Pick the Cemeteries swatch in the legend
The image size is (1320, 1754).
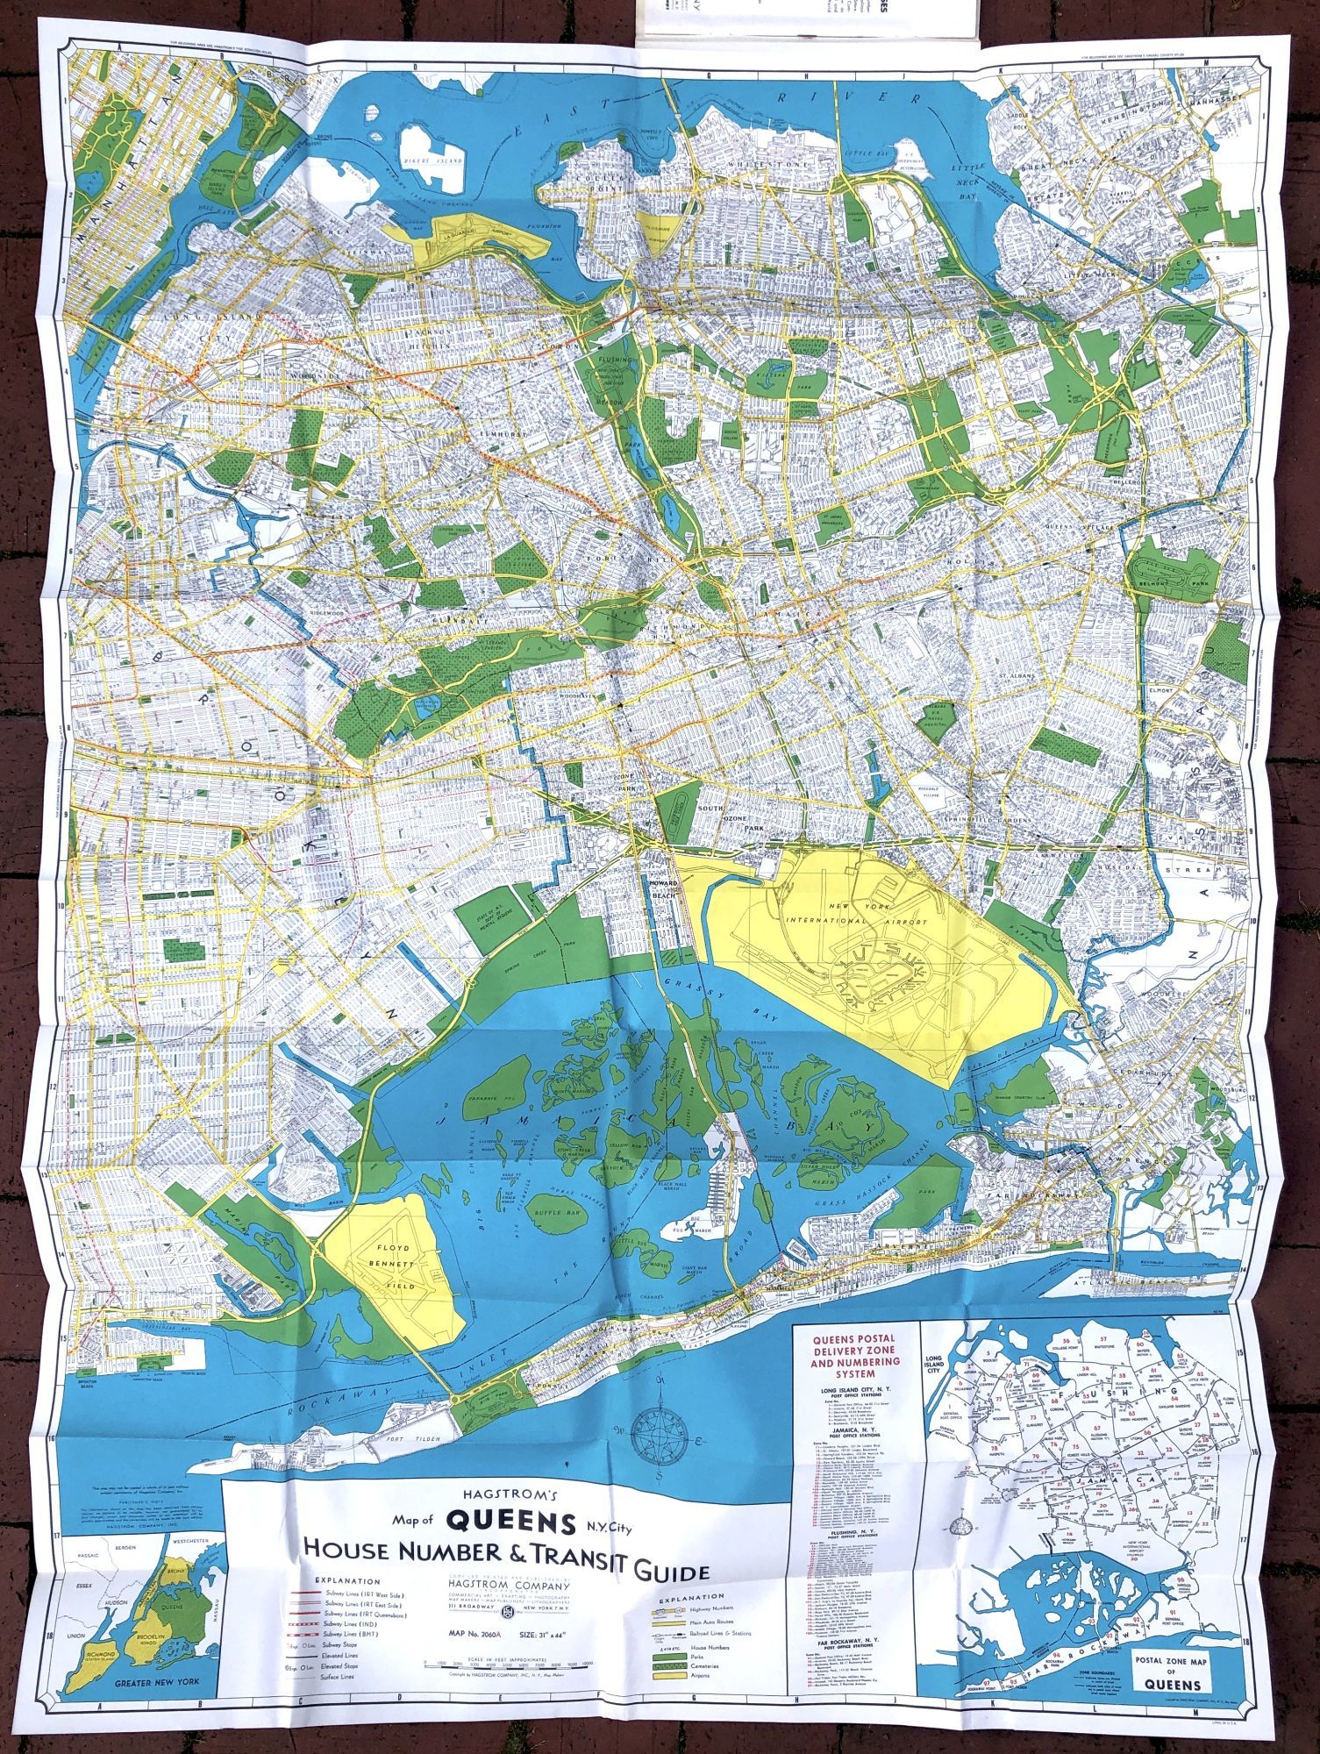668,1664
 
